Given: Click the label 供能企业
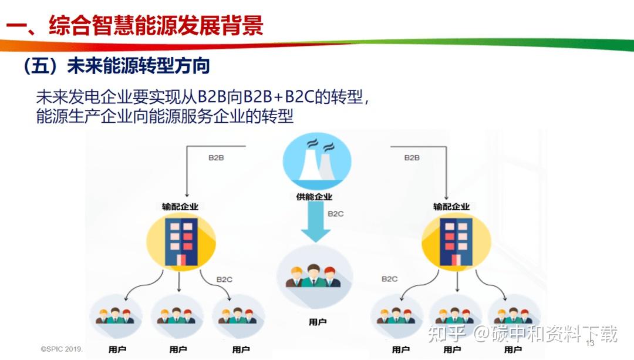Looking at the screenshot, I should pos(314,197).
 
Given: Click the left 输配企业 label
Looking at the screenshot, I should pos(180,206).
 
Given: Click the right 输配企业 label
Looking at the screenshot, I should pos(451,206).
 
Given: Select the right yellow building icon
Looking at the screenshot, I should pos(456,241).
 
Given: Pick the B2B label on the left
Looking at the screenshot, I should pos(217,158).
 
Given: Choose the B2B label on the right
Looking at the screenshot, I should pos(412,158).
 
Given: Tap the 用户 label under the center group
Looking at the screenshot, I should pos(318,322).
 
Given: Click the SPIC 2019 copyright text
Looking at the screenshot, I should pos(62,348).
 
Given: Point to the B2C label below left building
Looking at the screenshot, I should pos(224,279).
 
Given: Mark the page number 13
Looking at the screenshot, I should pos(590,342).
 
